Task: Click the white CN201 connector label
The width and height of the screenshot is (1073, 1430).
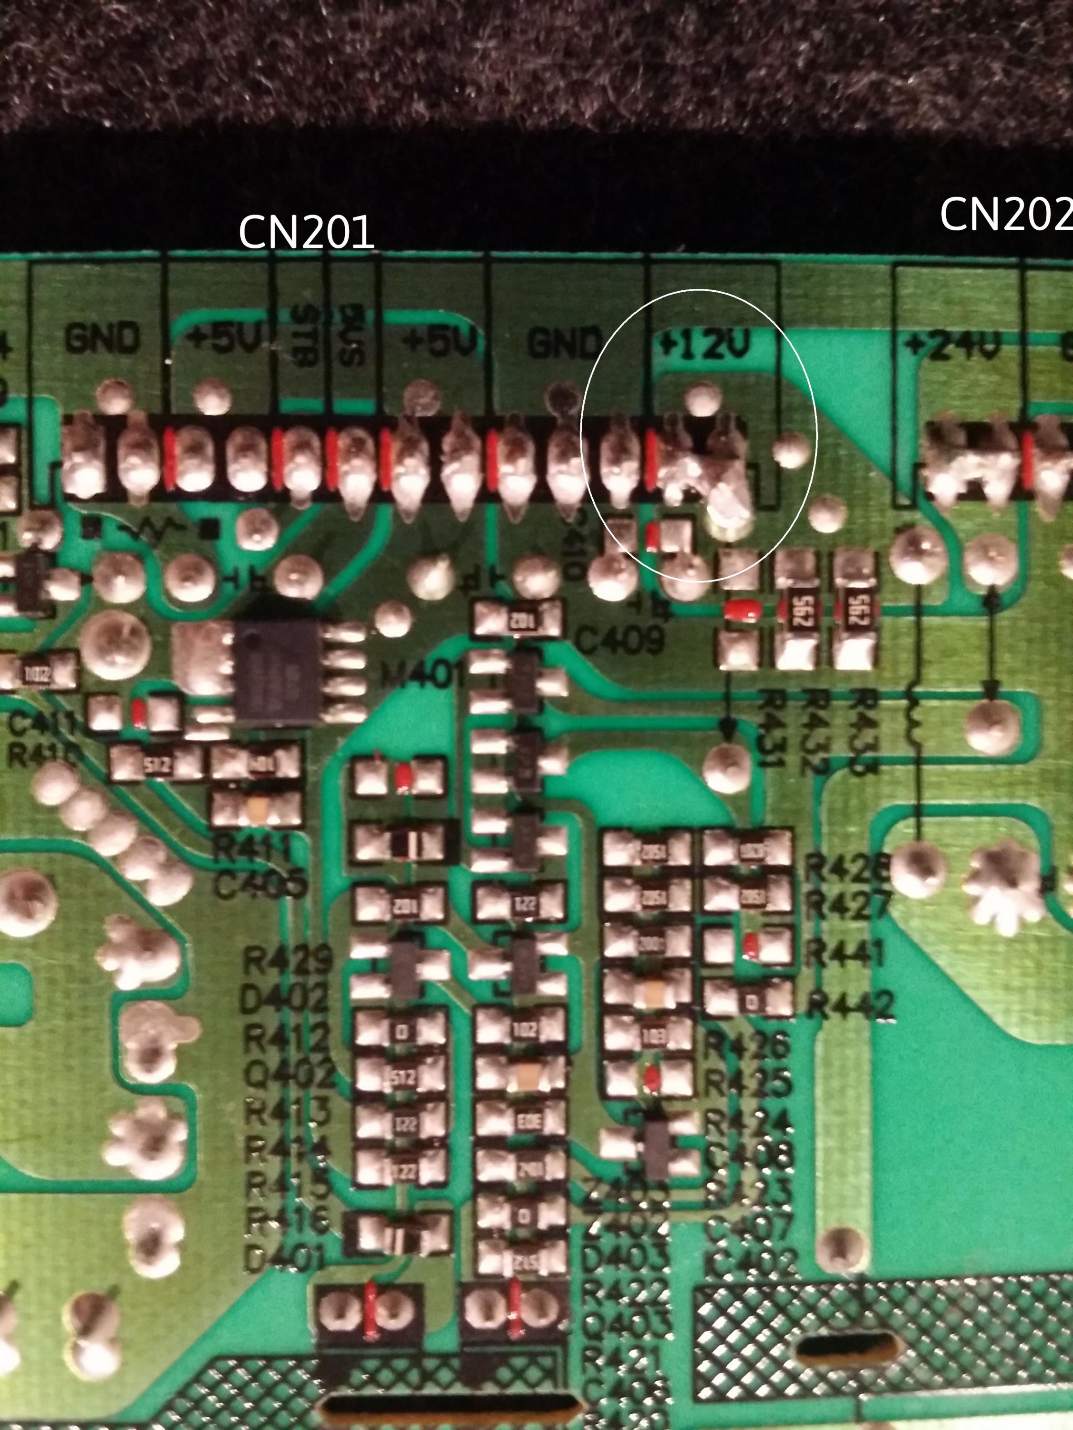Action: point(306,233)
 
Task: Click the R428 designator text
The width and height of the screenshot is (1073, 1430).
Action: point(847,869)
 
